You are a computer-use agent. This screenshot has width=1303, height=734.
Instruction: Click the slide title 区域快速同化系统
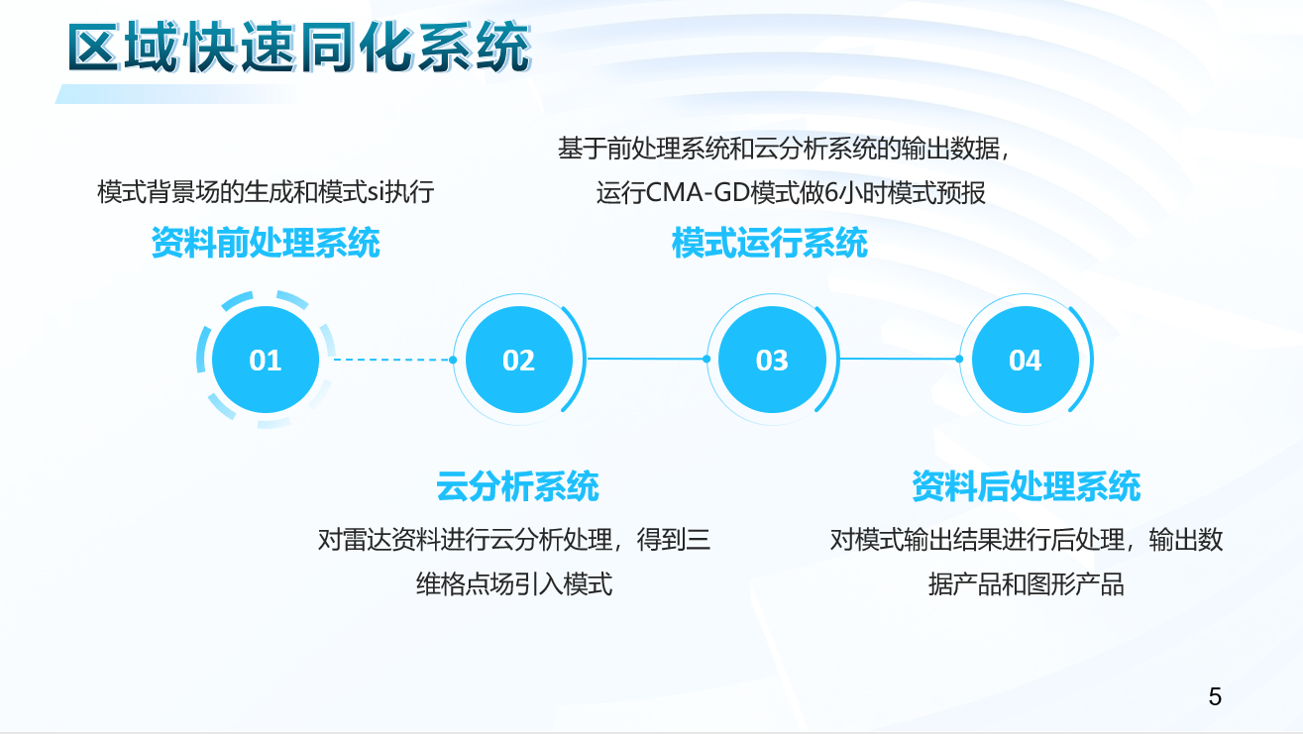tap(299, 47)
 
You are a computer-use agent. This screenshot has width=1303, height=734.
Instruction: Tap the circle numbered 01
tap(266, 360)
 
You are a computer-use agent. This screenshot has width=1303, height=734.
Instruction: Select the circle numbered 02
tap(519, 360)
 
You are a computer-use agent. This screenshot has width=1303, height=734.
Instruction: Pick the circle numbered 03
tap(772, 360)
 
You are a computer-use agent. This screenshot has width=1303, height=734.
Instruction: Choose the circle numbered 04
tap(1026, 360)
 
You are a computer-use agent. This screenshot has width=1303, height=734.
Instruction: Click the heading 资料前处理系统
tap(266, 243)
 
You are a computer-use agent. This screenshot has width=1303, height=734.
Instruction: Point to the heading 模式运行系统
tap(770, 243)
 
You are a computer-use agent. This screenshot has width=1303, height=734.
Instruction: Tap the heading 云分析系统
tap(517, 486)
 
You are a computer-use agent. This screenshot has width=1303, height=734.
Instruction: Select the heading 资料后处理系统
tap(1027, 486)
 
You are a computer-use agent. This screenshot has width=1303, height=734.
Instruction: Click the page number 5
tap(1215, 696)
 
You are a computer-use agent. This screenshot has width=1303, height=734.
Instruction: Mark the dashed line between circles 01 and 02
tap(393, 360)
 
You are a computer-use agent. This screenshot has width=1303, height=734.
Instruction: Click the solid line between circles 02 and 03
tap(647, 359)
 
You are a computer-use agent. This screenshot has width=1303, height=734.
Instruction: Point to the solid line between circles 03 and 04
tap(900, 359)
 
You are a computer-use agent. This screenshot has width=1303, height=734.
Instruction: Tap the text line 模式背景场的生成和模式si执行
tap(266, 192)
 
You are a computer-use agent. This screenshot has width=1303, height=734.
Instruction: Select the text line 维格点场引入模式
tap(514, 584)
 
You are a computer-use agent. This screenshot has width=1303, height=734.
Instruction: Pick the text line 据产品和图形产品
tap(1027, 584)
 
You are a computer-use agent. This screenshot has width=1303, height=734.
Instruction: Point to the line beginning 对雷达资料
tap(514, 540)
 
